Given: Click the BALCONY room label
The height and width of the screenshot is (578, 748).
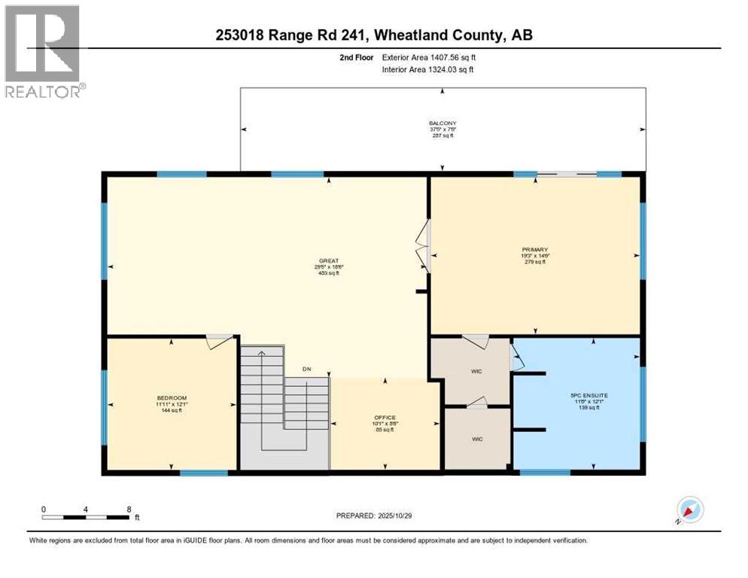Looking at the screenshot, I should [x=442, y=123].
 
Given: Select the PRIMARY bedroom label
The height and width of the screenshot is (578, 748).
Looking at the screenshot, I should [x=535, y=249].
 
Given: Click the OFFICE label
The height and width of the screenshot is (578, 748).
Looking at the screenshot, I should [x=385, y=418].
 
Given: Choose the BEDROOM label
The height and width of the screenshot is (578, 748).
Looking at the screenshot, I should [x=172, y=398].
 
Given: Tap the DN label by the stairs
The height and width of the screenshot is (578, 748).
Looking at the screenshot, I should [x=306, y=369].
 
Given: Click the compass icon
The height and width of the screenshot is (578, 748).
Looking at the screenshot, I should [x=689, y=510].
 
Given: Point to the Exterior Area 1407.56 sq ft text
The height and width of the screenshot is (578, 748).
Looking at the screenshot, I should [x=428, y=57].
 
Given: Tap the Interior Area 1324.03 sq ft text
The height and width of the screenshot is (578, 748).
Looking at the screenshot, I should [x=427, y=70].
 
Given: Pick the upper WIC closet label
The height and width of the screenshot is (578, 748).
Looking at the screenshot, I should [x=476, y=371].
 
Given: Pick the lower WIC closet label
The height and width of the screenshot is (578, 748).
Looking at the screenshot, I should [x=476, y=439].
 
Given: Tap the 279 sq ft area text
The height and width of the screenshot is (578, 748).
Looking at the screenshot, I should [x=535, y=262].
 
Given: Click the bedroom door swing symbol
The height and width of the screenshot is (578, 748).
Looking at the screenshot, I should [x=219, y=342].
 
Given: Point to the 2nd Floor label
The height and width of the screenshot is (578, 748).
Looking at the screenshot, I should [x=355, y=57].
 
